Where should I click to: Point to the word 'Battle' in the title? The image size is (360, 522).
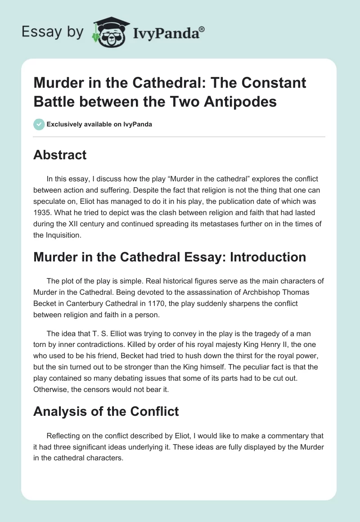tap(55, 101)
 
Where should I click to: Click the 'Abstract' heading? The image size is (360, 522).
tap(60, 155)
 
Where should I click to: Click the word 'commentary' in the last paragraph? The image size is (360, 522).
tap(284, 436)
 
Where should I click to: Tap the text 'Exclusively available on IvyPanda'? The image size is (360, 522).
tap(99, 124)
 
